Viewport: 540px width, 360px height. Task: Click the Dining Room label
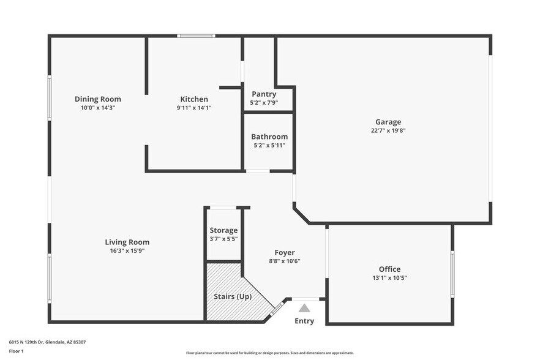click(98, 99)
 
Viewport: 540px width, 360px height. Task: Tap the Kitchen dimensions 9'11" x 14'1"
click(194, 108)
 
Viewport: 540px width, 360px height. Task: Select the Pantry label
click(264, 94)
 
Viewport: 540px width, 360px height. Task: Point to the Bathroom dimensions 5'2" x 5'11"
click(269, 145)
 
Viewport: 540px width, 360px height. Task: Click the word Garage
click(388, 122)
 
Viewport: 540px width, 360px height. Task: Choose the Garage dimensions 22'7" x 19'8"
click(388, 130)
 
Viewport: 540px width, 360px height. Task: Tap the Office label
click(389, 269)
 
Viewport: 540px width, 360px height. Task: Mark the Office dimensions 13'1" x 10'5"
click(389, 278)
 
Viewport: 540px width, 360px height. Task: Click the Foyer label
click(285, 252)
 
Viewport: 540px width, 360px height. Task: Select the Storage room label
click(223, 230)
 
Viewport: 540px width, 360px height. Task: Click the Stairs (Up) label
click(231, 297)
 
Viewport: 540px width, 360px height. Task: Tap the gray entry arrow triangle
click(304, 308)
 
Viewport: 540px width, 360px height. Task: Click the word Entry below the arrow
click(304, 321)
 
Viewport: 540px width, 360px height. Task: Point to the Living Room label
click(127, 242)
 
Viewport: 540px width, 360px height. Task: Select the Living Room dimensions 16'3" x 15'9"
click(127, 250)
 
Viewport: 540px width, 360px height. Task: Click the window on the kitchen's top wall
click(196, 36)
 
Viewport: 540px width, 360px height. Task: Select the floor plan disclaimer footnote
click(270, 353)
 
